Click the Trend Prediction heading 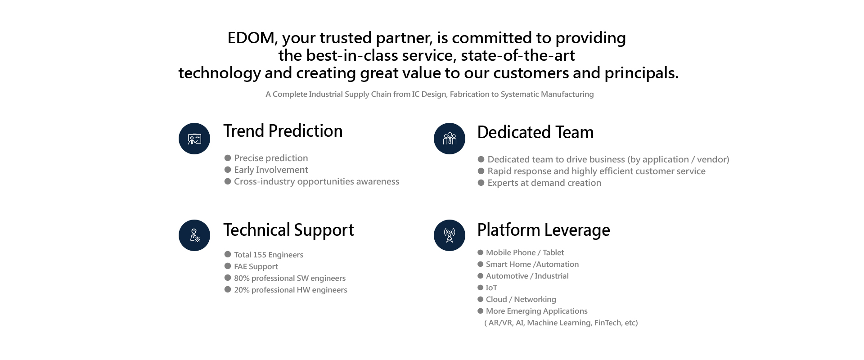283,131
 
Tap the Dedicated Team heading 535,132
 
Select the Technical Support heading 288,230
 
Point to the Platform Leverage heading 544,230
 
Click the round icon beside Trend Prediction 194,139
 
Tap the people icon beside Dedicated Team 450,139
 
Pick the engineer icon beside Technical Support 194,235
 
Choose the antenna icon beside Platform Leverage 450,235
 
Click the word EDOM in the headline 251,38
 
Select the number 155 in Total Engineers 260,255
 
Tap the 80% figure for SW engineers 242,278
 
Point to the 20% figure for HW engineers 242,290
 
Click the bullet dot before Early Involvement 228,170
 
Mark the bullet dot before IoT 481,288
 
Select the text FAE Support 256,266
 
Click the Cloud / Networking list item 521,299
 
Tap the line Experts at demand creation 544,183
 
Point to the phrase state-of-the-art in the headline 518,55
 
